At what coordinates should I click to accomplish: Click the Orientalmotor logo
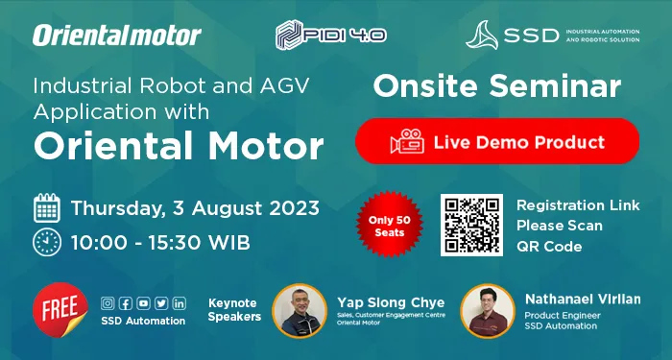tap(117, 36)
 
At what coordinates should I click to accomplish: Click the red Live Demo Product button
tap(496, 142)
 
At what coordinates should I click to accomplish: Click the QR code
tap(471, 226)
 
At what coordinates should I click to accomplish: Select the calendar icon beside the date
tap(48, 207)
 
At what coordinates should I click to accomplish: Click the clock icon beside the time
tap(48, 241)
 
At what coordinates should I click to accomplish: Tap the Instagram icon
tap(108, 303)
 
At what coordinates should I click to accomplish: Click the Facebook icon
tap(126, 303)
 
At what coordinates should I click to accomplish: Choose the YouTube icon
tap(143, 303)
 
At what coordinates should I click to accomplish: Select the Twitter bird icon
tap(160, 303)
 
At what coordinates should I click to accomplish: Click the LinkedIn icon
tap(179, 303)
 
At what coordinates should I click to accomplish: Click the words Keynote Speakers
tap(234, 309)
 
